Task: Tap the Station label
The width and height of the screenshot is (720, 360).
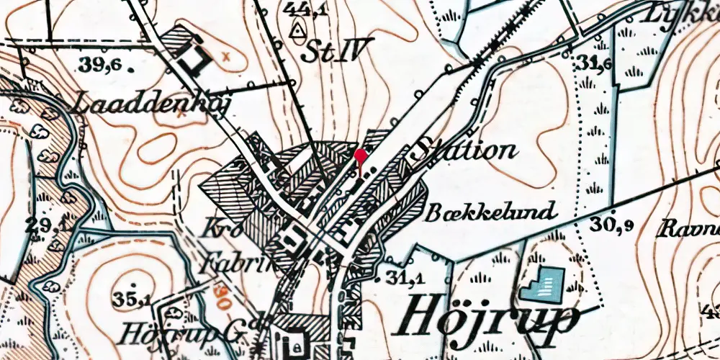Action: tap(466, 150)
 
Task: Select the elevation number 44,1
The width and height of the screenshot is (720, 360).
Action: tap(302, 9)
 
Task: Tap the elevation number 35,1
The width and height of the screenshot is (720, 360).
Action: tap(131, 299)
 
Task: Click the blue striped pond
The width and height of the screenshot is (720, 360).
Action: tap(543, 284)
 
